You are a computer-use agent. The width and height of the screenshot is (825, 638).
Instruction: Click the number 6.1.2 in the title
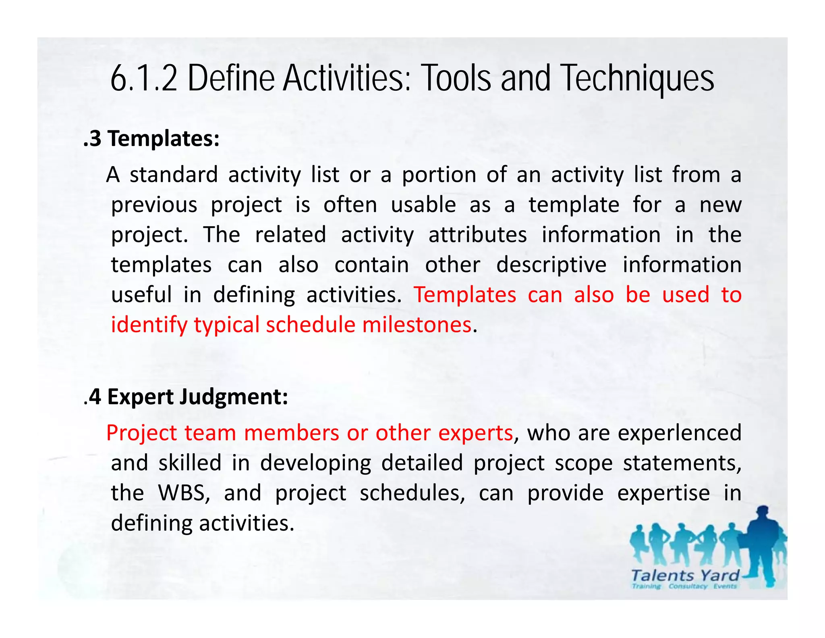[143, 78]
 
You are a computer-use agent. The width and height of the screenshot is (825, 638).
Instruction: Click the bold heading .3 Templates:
[151, 139]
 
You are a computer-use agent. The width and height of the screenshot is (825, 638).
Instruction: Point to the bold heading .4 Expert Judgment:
[186, 397]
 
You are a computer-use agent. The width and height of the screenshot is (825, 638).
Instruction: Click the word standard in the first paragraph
[174, 175]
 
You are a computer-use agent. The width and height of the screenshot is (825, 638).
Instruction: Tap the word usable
[423, 205]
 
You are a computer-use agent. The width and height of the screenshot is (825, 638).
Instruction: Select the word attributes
[477, 235]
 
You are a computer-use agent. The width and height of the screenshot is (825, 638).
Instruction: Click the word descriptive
[551, 265]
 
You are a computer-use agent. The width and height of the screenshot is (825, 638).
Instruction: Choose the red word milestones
[417, 325]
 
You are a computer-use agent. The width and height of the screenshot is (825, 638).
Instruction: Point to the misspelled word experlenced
[680, 433]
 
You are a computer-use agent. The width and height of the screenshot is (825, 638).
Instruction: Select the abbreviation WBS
[184, 493]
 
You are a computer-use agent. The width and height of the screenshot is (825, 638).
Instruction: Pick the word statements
[682, 463]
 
